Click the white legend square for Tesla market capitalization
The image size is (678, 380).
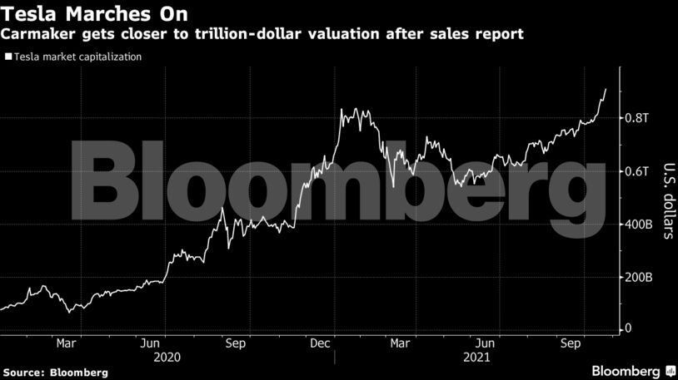pyautogui.click(x=7, y=57)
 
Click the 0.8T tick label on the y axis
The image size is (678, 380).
pyautogui.click(x=636, y=118)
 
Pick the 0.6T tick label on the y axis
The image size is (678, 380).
pyautogui.click(x=636, y=171)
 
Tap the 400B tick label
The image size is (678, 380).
pyautogui.click(x=639, y=225)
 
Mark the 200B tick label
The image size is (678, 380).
pyautogui.click(x=639, y=277)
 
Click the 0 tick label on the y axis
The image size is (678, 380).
pyautogui.click(x=629, y=329)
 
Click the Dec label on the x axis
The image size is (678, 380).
pyautogui.click(x=319, y=343)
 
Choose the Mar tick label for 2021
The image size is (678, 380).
pyautogui.click(x=400, y=343)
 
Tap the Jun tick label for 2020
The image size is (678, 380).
pyautogui.click(x=151, y=343)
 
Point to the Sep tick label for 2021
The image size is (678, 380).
pyautogui.click(x=570, y=343)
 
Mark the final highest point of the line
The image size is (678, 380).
pyautogui.click(x=606, y=88)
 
